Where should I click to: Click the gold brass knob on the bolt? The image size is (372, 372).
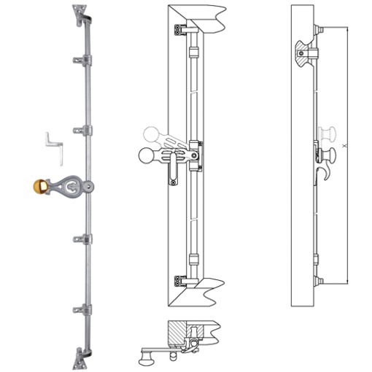41,187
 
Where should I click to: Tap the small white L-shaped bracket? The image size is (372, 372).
53,139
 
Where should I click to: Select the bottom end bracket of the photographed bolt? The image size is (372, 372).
79,357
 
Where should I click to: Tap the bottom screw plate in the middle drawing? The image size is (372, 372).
178,282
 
